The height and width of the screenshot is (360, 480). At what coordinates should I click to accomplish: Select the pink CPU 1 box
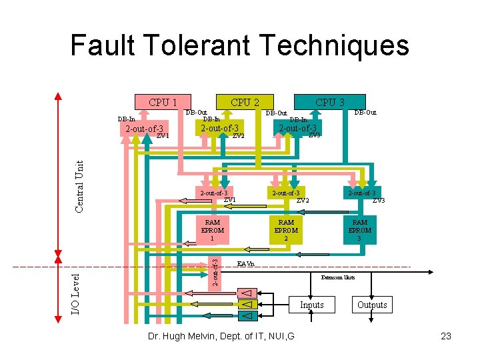[162, 102]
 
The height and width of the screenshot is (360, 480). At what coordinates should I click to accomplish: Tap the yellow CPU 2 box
[245, 102]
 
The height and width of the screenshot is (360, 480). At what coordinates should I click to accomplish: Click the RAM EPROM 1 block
[212, 230]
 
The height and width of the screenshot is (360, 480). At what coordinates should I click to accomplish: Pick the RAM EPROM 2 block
[286, 230]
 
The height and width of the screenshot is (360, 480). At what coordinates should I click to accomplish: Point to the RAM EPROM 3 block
[359, 230]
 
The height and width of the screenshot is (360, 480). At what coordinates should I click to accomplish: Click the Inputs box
[311, 305]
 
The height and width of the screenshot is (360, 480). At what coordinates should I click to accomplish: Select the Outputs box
[372, 305]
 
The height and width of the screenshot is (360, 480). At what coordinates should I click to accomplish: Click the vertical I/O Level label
[75, 291]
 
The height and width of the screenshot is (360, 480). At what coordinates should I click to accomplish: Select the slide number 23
[446, 336]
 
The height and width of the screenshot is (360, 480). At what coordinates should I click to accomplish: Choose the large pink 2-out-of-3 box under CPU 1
[141, 129]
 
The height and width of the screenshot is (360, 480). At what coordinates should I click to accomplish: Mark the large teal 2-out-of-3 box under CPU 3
[297, 128]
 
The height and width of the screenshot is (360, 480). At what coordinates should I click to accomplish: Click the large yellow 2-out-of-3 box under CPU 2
[220, 128]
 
